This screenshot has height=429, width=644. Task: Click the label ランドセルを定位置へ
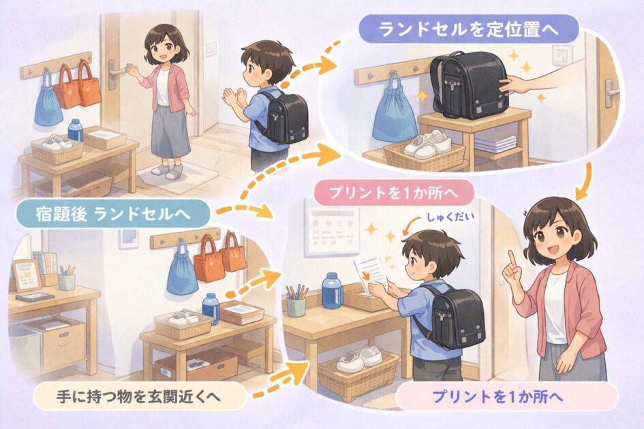468,29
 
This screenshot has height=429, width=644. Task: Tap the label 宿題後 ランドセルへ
113,214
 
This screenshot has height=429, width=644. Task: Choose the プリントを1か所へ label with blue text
508,397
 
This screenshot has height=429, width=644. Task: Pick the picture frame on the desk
27,275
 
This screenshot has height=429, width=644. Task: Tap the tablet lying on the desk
35,297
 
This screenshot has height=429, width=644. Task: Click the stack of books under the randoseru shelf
495,143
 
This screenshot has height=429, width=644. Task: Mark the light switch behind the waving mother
211,49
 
